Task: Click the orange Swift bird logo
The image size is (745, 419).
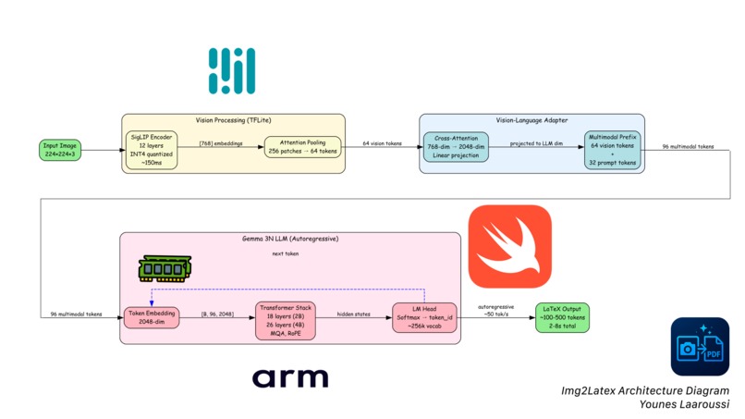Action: pos(510,247)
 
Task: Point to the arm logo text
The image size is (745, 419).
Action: pos(290,377)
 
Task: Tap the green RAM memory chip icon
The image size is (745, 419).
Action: pos(164,268)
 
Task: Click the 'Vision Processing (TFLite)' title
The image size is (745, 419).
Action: pos(233,120)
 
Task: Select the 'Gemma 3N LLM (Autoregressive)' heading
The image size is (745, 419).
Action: pos(289,239)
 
